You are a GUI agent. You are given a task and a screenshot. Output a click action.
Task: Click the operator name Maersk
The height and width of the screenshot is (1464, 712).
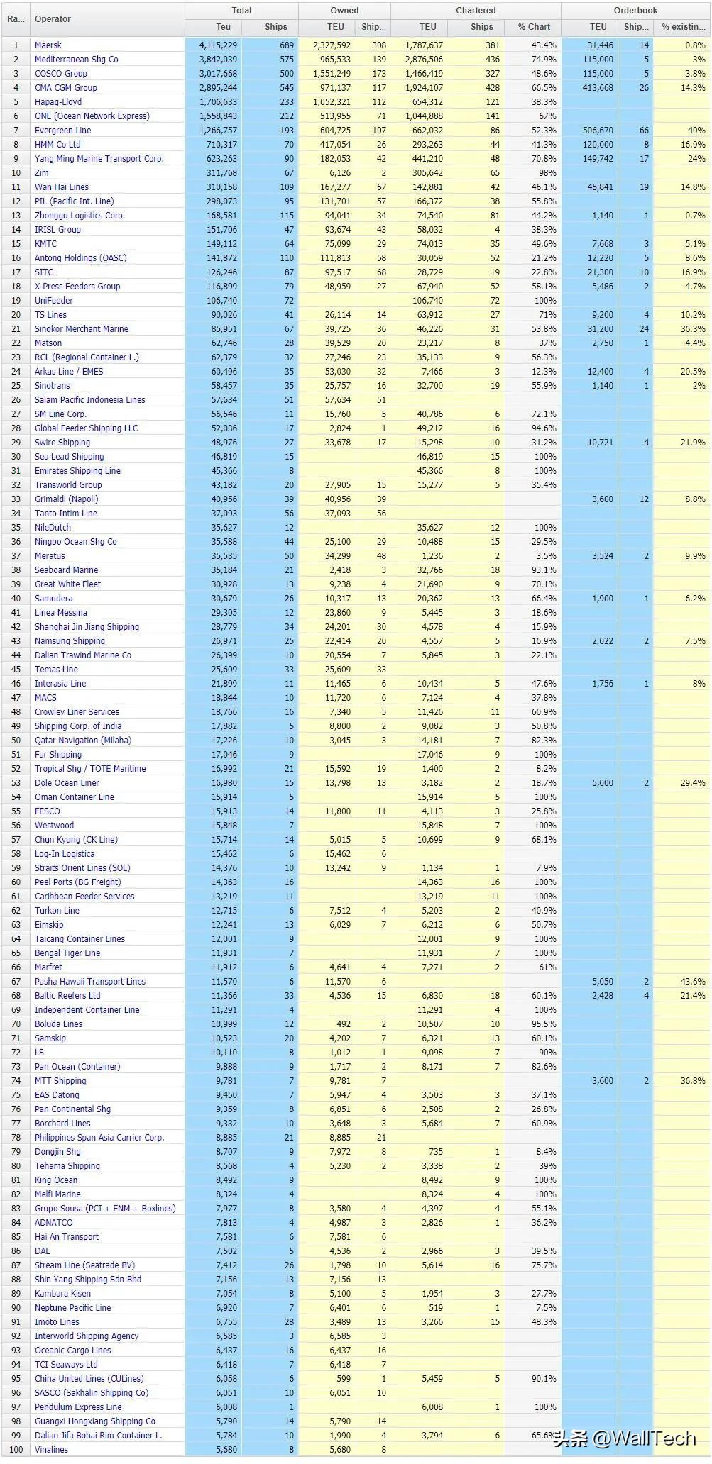click(x=48, y=45)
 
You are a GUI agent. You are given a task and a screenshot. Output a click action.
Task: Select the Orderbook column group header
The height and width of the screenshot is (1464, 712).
click(x=635, y=11)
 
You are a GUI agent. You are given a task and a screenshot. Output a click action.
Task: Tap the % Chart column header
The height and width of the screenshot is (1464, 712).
click(x=534, y=27)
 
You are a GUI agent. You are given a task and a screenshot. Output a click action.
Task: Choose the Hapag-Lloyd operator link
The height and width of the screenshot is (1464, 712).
click(x=58, y=102)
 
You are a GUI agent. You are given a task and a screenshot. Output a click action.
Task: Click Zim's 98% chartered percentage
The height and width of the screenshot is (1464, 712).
click(x=547, y=173)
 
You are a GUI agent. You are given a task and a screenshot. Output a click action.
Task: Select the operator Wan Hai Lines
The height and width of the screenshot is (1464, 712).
click(x=62, y=187)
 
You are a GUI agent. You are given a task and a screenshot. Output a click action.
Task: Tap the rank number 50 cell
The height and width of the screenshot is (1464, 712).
click(x=16, y=741)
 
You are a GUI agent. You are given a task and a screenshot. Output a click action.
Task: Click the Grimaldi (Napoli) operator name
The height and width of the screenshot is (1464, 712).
click(x=67, y=499)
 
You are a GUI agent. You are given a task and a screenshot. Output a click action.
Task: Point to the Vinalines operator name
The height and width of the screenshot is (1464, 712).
click(x=52, y=1450)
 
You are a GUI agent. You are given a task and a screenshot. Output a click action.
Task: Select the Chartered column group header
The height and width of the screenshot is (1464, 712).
click(x=476, y=11)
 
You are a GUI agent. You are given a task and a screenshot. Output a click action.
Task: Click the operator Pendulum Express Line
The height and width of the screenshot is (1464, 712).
click(x=78, y=1407)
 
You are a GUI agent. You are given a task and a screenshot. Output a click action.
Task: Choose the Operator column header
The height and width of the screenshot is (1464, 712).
click(x=53, y=19)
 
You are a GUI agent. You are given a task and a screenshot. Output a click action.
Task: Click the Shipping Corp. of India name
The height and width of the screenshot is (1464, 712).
click(x=78, y=726)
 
